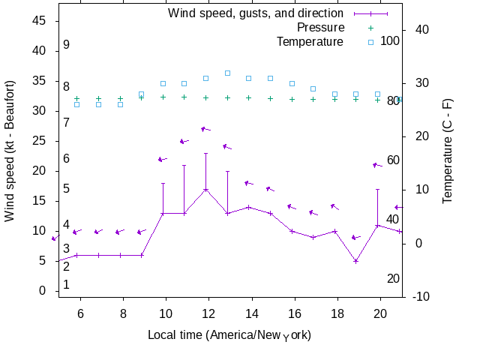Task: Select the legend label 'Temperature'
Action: [x=310, y=41]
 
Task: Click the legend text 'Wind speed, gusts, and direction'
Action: [x=256, y=13]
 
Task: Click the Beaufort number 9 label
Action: [x=67, y=45]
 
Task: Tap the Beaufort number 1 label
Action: [x=67, y=285]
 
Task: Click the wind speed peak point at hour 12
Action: [x=205, y=189]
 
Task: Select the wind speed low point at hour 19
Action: [x=356, y=261]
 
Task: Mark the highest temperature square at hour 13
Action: [x=227, y=73]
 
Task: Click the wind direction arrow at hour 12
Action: [x=206, y=129]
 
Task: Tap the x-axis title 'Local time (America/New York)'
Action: [x=229, y=334]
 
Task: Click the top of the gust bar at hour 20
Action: [x=377, y=189]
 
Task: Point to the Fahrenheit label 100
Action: [x=390, y=40]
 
